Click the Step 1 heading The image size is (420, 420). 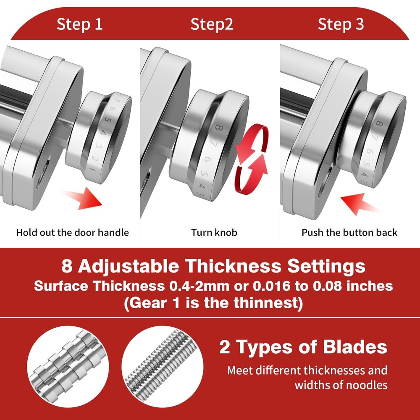(x=79, y=24)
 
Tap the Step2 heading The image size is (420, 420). (x=212, y=24)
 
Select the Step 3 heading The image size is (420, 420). (x=341, y=24)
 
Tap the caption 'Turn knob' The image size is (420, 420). (x=214, y=233)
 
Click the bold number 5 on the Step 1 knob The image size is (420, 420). (x=108, y=119)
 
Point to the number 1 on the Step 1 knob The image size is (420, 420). (x=92, y=169)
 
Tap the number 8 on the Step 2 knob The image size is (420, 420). (x=219, y=128)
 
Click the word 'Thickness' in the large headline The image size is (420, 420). (x=233, y=266)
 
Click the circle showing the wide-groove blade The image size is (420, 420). (x=68, y=366)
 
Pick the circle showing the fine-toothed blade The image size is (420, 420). (x=162, y=366)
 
